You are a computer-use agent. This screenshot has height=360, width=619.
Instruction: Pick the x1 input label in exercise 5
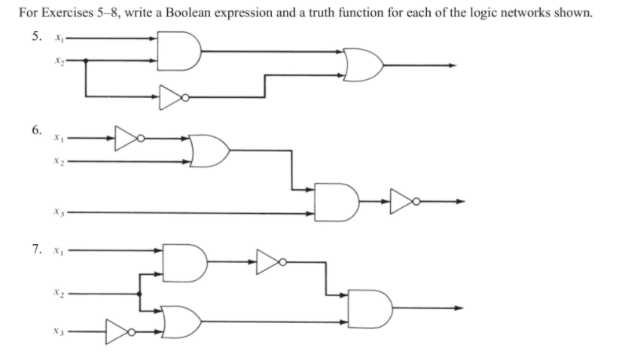pyautogui.click(x=57, y=38)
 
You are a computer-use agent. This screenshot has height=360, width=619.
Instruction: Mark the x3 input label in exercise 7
pyautogui.click(x=57, y=331)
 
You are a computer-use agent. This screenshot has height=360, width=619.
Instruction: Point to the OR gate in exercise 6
pyautogui.click(x=209, y=150)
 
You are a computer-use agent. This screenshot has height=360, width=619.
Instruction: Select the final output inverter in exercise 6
pyautogui.click(x=401, y=201)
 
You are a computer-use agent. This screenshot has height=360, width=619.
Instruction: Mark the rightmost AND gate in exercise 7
pyautogui.click(x=369, y=307)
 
